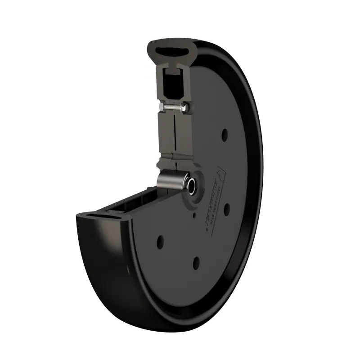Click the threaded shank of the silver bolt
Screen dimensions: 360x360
pyautogui.click(x=172, y=108)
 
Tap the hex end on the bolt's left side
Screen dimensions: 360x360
pyautogui.click(x=162, y=107)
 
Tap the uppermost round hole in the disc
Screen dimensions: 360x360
pyautogui.click(x=224, y=134)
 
